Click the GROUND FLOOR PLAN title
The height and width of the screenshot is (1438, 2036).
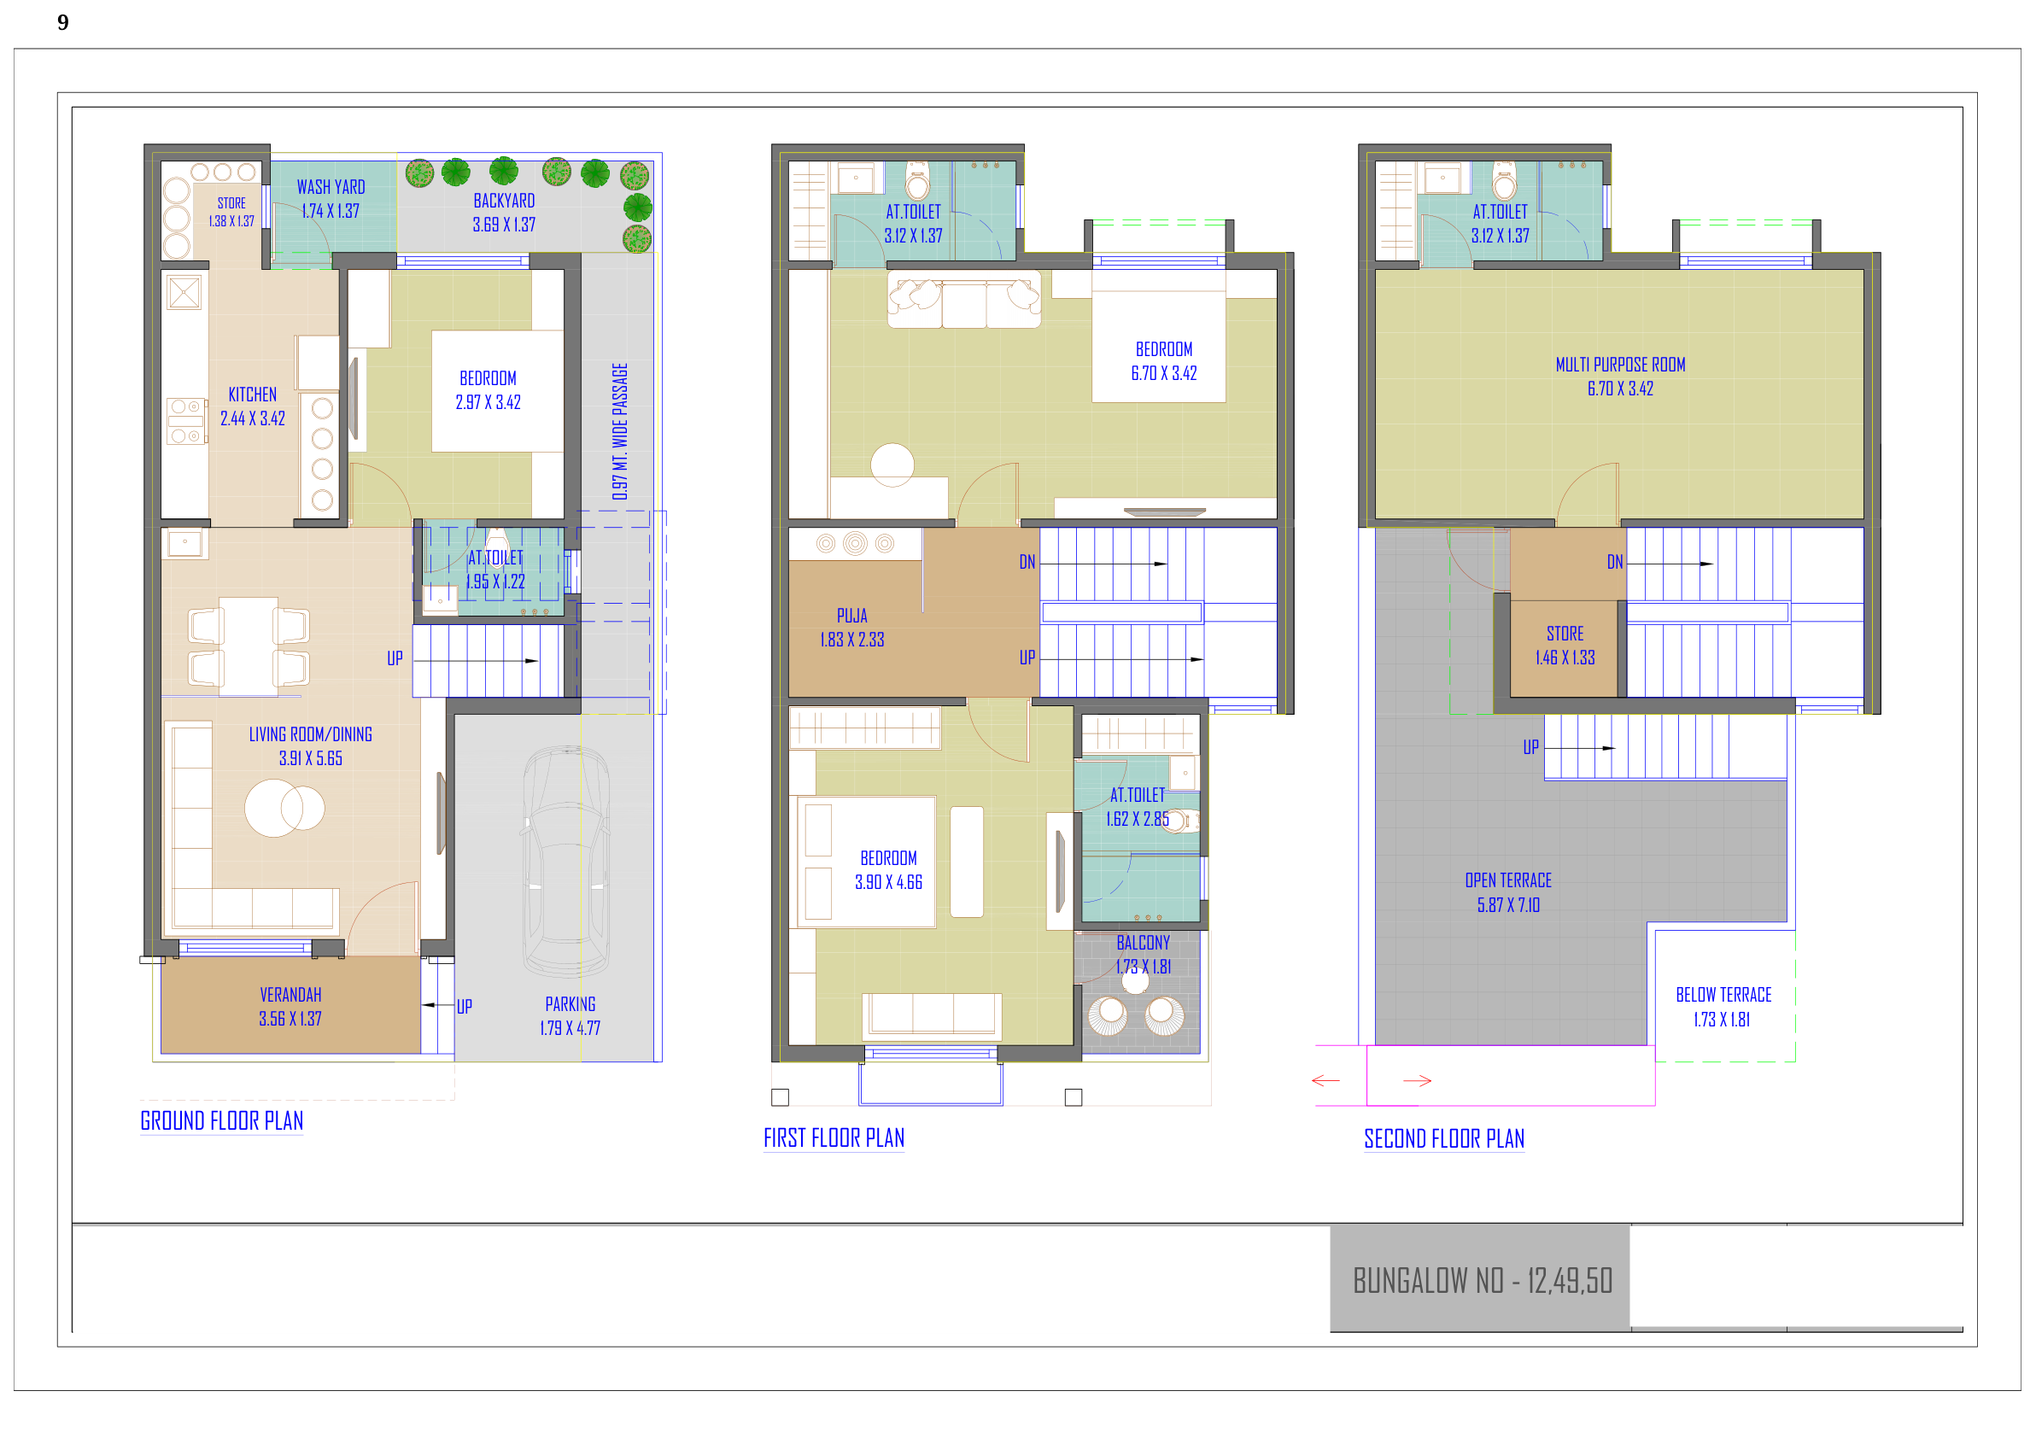222,1120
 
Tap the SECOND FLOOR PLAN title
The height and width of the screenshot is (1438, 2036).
1443,1138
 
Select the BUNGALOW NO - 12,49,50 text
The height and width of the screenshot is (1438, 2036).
1482,1281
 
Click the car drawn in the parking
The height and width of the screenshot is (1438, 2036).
566,861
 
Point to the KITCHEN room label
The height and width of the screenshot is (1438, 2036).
253,395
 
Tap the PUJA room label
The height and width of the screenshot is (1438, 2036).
852,616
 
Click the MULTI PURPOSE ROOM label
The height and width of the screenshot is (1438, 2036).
1620,365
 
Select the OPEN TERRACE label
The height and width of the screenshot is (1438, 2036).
1507,880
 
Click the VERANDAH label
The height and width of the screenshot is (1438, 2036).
291,995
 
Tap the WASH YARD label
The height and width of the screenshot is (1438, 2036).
331,187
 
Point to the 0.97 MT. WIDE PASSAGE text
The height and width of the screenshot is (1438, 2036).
620,431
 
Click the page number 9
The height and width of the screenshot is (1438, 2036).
63,22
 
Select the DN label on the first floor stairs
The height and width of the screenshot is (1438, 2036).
1027,562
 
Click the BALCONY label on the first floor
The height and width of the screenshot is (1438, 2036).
1143,943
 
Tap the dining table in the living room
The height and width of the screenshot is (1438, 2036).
249,646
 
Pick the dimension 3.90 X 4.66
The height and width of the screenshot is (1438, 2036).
888,882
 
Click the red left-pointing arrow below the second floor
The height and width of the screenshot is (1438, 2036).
1325,1081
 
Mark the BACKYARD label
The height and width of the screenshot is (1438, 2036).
504,201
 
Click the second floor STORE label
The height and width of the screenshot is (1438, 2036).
1565,634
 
